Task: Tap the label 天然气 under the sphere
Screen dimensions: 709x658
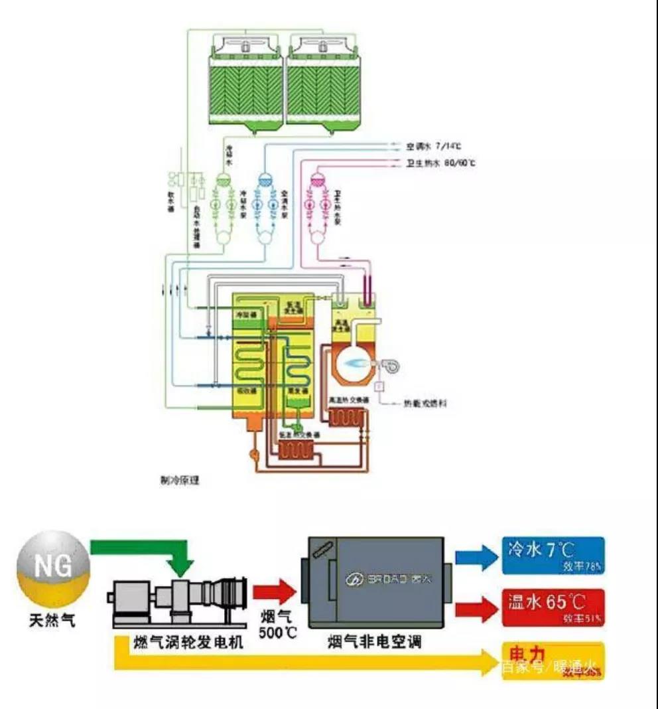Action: (x=52, y=620)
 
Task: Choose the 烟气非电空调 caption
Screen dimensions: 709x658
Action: (x=374, y=643)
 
